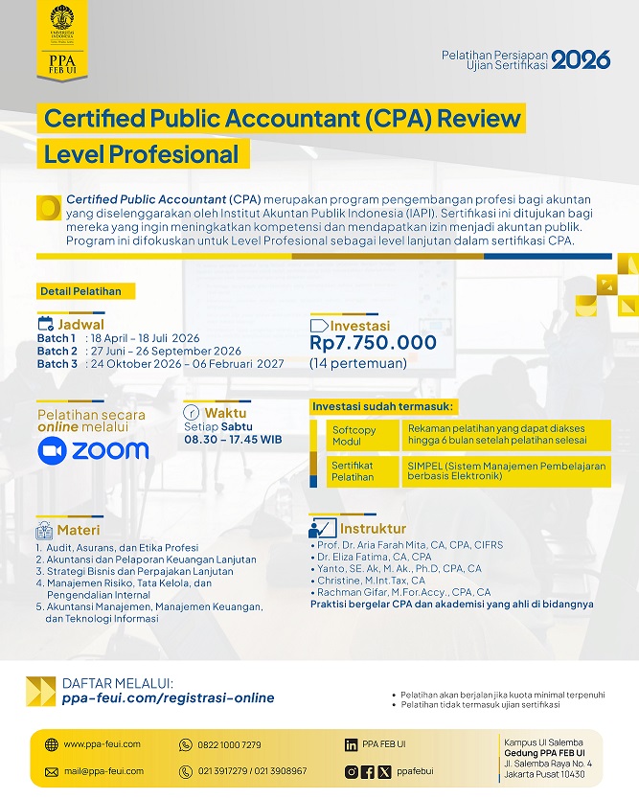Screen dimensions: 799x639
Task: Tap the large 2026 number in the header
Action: (x=581, y=59)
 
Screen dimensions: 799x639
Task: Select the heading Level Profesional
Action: (x=141, y=153)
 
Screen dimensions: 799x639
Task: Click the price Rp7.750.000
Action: (x=373, y=343)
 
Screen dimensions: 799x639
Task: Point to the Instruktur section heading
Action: (x=373, y=529)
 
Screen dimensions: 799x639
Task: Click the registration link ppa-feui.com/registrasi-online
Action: (x=168, y=697)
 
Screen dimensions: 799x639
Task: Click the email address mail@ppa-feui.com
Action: (x=103, y=771)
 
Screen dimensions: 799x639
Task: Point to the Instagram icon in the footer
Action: (x=352, y=771)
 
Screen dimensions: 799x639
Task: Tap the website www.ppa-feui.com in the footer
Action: (x=102, y=744)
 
